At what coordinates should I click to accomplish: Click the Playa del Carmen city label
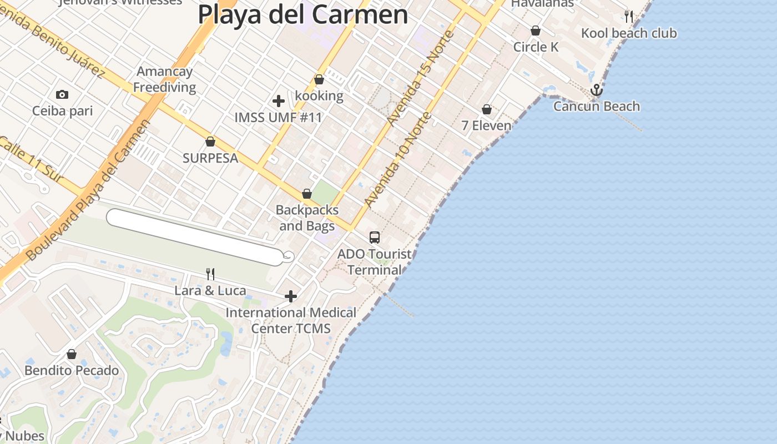click(x=303, y=15)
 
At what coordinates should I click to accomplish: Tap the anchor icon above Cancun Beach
click(x=596, y=90)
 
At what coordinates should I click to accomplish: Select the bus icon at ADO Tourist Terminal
click(x=375, y=238)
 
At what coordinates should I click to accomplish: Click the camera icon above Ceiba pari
click(x=62, y=95)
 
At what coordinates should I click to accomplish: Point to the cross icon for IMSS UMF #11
click(x=279, y=101)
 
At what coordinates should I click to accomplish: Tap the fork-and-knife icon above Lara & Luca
click(x=210, y=274)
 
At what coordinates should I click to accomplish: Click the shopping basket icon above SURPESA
click(x=210, y=142)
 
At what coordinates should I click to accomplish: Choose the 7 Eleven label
click(x=486, y=125)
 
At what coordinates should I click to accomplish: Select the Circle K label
click(x=536, y=47)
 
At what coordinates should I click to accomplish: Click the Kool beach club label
click(x=629, y=33)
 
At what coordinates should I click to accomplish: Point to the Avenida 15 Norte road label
click(x=421, y=78)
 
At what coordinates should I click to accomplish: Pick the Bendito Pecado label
click(x=72, y=370)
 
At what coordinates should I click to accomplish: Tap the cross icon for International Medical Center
click(x=291, y=297)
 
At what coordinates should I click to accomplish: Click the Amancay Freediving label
click(x=164, y=79)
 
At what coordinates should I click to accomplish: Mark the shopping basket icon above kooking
click(x=319, y=80)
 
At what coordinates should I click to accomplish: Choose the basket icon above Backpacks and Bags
click(x=307, y=194)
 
